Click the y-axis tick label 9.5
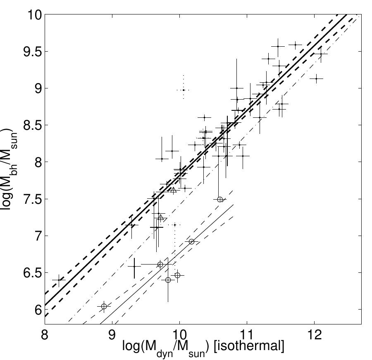click(32, 52)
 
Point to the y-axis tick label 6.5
click(32, 273)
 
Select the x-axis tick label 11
click(247, 335)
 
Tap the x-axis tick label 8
click(45, 335)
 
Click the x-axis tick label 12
click(315, 335)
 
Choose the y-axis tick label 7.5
click(32, 199)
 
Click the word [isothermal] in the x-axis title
click(249, 346)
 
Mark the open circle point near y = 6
click(104, 306)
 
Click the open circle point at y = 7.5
click(220, 199)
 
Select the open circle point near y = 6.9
click(191, 241)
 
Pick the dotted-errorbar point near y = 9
click(184, 90)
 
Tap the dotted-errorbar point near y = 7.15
click(175, 225)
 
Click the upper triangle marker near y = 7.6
click(173, 190)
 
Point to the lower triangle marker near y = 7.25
click(161, 217)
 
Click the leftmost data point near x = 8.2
click(59, 280)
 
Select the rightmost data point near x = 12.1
click(321, 54)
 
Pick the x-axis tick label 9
click(112, 335)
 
